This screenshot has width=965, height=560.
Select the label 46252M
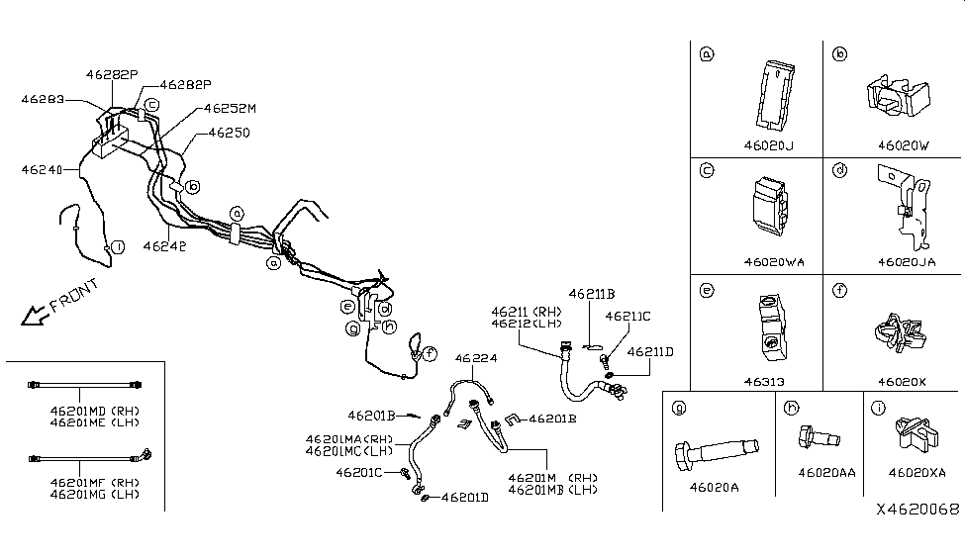pyautogui.click(x=231, y=109)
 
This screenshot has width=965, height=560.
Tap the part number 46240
pyautogui.click(x=41, y=170)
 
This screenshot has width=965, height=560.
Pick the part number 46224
pyautogui.click(x=476, y=358)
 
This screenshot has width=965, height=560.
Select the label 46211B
pyautogui.click(x=592, y=294)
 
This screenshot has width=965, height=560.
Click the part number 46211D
pyautogui.click(x=650, y=351)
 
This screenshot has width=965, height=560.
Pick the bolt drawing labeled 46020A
pyautogui.click(x=712, y=454)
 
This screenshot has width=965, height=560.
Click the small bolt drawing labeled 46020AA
pyautogui.click(x=815, y=435)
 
